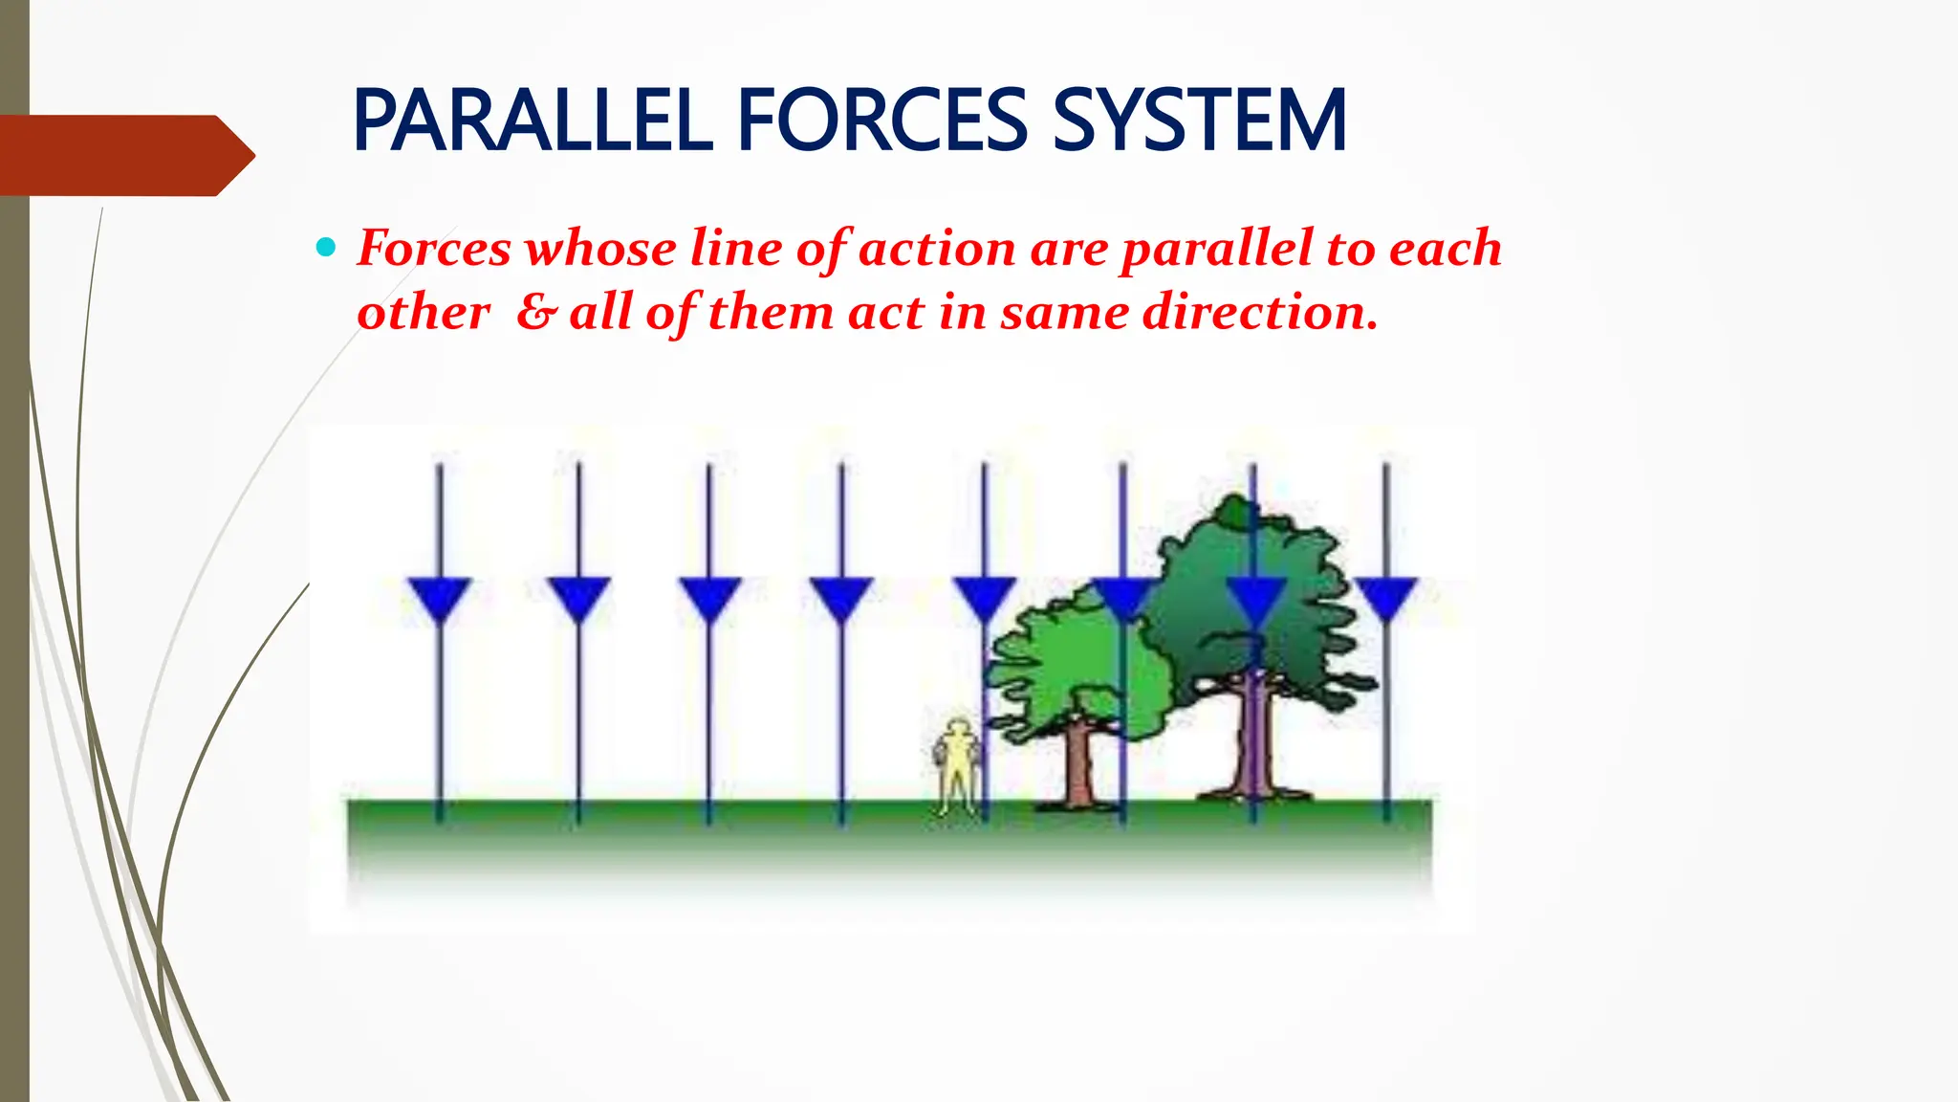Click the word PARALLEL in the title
[533, 121]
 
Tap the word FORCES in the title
[881, 121]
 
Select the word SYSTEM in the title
[1199, 121]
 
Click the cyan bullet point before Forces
[326, 249]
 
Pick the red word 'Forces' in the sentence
[435, 249]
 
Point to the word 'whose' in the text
[601, 249]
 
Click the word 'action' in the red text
[937, 249]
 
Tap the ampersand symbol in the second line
[535, 312]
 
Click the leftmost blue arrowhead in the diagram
[439, 599]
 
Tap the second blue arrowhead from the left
[578, 599]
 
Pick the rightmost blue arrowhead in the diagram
[1386, 599]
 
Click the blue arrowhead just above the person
[985, 599]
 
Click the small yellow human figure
[957, 765]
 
